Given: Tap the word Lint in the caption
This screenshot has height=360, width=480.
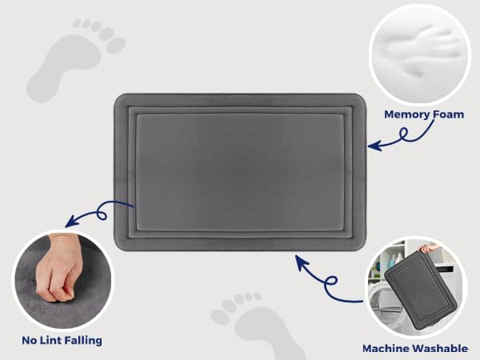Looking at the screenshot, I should pos(50,341).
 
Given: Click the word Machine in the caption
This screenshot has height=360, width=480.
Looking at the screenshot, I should pos(389,349).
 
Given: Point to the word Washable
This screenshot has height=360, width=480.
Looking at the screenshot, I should pos(441,349).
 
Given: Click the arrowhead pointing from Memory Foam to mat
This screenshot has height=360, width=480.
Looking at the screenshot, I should pos(372,146).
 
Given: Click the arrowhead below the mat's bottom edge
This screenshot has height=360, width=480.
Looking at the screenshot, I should pos(299,259).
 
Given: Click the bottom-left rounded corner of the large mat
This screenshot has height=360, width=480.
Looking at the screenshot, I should pos(122,245).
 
